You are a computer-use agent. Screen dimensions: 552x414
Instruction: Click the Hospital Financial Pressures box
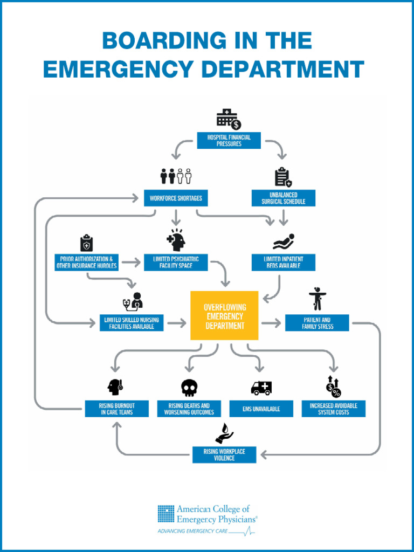point(229,141)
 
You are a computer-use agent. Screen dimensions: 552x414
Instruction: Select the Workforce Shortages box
point(176,198)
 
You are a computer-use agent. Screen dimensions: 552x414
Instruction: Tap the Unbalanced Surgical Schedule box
point(284,198)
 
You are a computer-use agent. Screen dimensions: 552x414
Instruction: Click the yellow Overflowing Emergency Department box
point(224,316)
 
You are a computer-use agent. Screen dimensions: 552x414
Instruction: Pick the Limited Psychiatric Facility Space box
point(176,263)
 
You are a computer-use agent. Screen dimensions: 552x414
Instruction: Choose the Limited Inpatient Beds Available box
point(284,263)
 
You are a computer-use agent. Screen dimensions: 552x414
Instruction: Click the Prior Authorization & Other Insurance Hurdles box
point(86,263)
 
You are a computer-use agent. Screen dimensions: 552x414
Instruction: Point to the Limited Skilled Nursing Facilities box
point(132,323)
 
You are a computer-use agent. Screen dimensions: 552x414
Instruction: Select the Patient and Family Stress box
point(317,323)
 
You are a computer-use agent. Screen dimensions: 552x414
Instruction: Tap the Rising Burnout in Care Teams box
point(116,409)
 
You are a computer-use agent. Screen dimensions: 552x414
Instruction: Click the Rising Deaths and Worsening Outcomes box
point(189,409)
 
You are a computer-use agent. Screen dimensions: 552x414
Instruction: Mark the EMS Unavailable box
point(261,409)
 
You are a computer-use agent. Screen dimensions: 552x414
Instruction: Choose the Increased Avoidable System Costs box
point(333,409)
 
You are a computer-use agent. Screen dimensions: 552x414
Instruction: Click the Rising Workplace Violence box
point(224,454)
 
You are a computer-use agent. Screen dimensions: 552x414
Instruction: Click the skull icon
point(189,387)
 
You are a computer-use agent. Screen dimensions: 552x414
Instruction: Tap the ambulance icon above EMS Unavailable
point(261,387)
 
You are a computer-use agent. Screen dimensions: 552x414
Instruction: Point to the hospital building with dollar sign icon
point(229,119)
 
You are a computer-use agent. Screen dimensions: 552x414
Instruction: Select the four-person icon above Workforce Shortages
point(176,176)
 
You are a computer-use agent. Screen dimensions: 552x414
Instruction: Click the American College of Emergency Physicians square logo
point(166,513)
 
